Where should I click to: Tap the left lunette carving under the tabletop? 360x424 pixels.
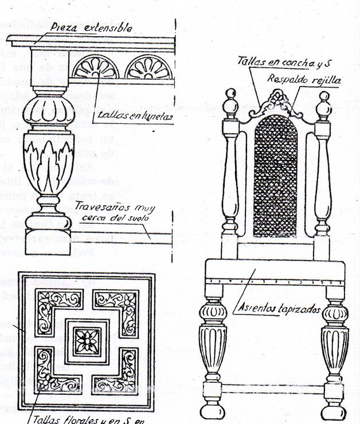[x=96, y=68]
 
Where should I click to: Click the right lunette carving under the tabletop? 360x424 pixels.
[x=149, y=68]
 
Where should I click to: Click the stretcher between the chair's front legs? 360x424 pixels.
[x=274, y=388]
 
